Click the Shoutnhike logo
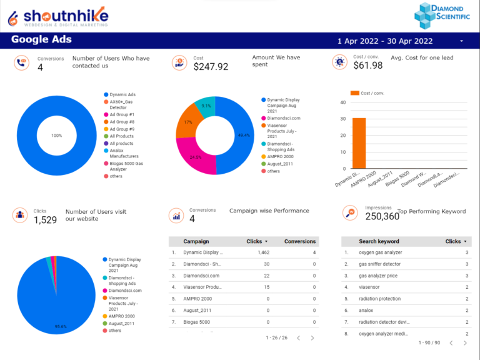click(x=57, y=16)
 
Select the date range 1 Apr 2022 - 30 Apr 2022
click(x=385, y=41)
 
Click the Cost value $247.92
click(x=211, y=66)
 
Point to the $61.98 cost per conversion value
click(x=367, y=65)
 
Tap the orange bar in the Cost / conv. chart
click(x=359, y=143)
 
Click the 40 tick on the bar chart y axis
click(x=343, y=102)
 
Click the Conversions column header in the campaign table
click(x=300, y=241)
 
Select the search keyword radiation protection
click(x=380, y=299)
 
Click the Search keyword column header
click(x=379, y=241)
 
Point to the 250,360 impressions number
click(x=382, y=216)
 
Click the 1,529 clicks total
click(x=45, y=219)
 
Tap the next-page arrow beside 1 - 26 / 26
click(x=314, y=338)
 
